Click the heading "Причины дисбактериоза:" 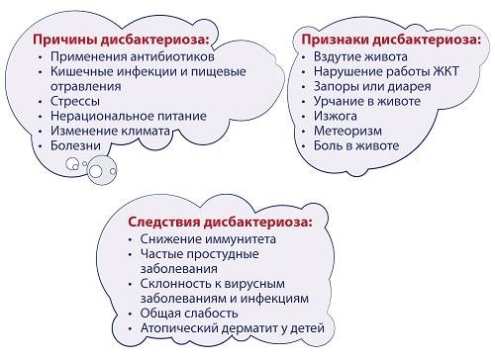tap(123, 40)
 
